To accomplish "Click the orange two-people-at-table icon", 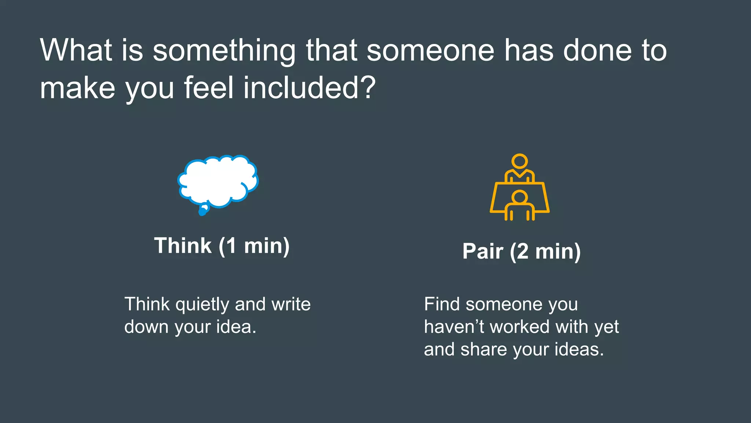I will tap(520, 187).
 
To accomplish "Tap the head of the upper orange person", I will tap(520, 161).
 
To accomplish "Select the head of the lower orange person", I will tap(519, 197).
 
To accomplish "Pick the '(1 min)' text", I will tap(254, 246).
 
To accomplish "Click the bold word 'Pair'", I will tap(483, 251).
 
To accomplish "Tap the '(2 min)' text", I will tap(545, 252).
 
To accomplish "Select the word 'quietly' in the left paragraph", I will tap(202, 305).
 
